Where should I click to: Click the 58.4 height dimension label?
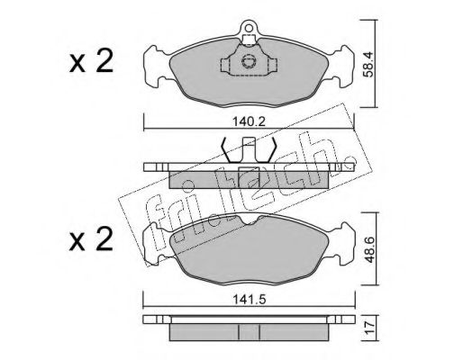tap(368, 65)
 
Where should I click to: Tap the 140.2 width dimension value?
tap(250, 121)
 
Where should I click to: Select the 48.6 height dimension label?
tap(368, 249)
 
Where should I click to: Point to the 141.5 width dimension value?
tap(250, 300)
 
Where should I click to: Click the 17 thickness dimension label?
tap(369, 328)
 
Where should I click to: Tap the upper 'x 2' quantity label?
tap(91, 61)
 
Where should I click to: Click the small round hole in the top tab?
tap(249, 28)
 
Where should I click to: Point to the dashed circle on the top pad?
tap(249, 61)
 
